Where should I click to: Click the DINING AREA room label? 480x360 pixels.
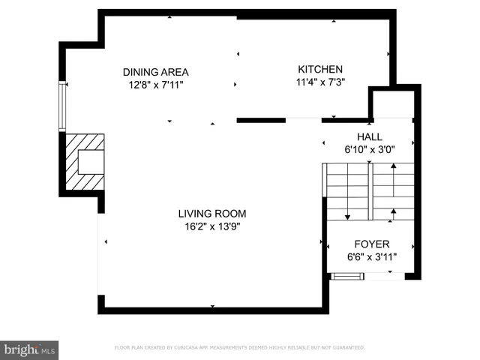point(155,72)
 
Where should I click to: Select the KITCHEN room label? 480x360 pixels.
point(320,69)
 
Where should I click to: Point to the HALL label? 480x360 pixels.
point(369,136)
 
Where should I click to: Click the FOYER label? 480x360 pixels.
point(372,244)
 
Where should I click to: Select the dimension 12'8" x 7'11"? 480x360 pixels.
point(155,85)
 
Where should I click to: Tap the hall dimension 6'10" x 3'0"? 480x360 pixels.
point(369,149)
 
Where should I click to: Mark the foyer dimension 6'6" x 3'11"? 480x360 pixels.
point(372,257)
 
